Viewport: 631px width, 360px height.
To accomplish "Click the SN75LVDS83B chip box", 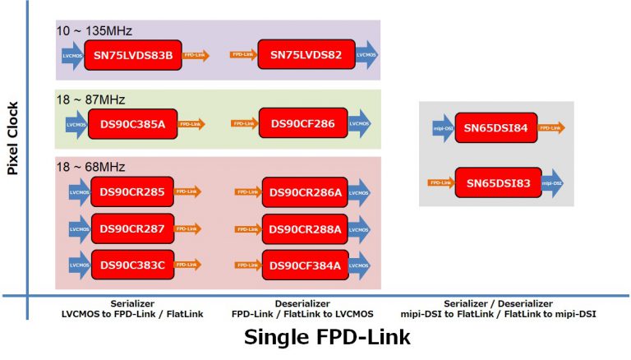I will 133,56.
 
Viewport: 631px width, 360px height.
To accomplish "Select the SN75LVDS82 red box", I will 306,56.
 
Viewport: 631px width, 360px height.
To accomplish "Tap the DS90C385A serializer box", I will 133,124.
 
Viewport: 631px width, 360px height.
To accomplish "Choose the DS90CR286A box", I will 305,194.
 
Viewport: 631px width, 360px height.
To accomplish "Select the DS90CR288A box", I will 305,229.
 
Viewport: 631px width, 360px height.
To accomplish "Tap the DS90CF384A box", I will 305,265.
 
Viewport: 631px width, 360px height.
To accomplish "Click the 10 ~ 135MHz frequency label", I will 94,30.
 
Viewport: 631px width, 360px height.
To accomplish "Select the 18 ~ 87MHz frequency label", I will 90,99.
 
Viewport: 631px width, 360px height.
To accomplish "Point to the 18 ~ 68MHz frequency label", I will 90,168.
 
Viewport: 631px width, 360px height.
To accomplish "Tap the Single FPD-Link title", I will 326,337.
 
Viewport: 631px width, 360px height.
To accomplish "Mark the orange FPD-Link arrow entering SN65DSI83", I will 442,182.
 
